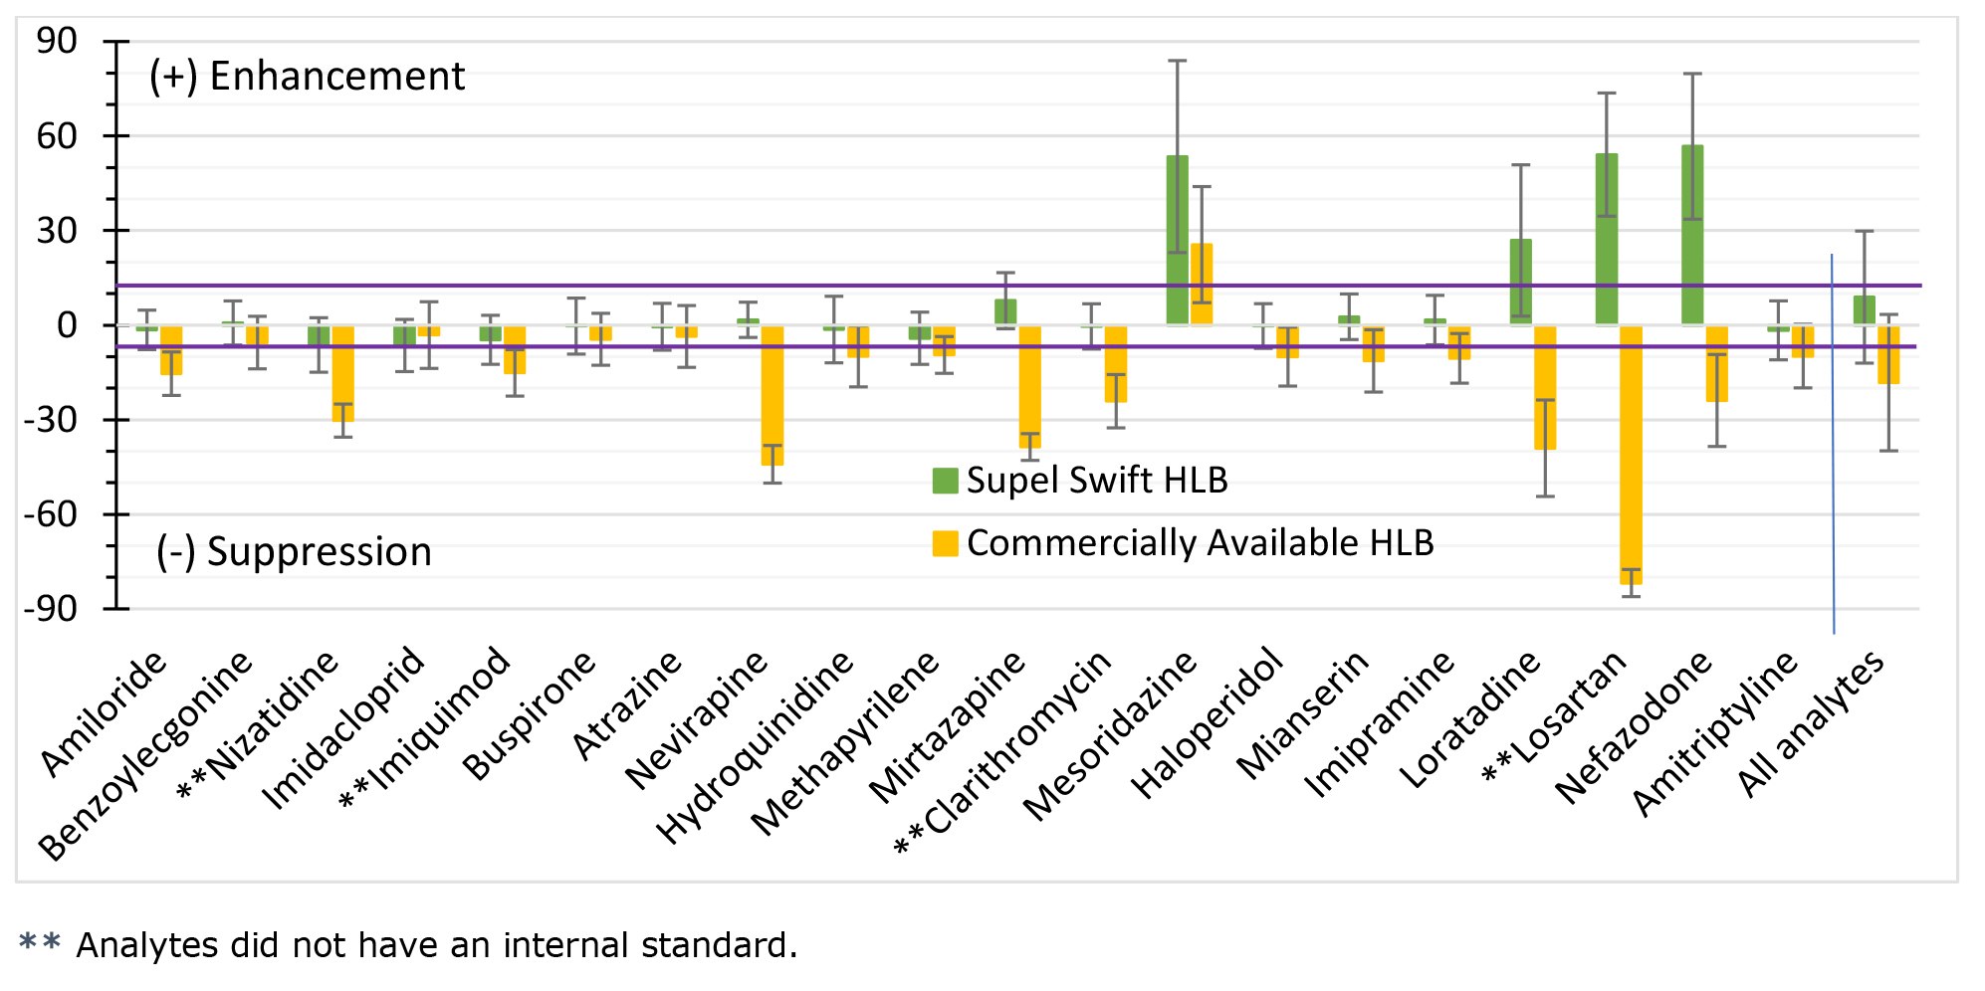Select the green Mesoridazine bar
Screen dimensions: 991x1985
coord(1177,239)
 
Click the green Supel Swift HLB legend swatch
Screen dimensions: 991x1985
coord(945,481)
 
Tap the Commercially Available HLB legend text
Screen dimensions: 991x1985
coord(1200,543)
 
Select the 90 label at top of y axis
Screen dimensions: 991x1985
coord(57,41)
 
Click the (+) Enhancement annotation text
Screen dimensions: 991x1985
coord(307,77)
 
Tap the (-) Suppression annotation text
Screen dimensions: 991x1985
coord(295,552)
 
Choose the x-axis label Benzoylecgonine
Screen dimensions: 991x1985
coord(146,756)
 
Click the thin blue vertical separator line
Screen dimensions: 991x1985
coord(1833,448)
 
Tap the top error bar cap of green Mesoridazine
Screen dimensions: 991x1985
coord(1177,61)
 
